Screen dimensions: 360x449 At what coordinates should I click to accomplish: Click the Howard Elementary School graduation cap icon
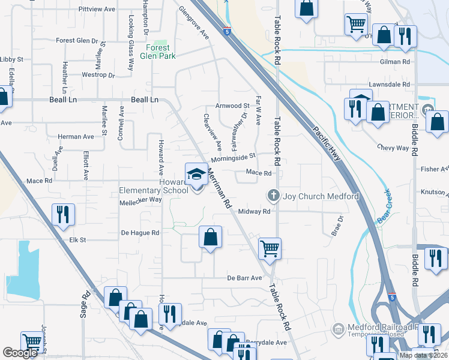[x=196, y=175]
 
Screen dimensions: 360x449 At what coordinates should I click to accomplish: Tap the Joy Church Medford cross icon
[x=273, y=196]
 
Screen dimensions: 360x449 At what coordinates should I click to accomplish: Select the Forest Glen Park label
[x=160, y=52]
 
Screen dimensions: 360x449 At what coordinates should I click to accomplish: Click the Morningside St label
[x=234, y=157]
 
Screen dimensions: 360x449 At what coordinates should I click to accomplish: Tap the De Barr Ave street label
[x=244, y=278]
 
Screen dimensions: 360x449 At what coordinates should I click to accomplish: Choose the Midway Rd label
[x=254, y=211]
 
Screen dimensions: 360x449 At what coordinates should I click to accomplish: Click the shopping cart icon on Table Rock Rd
[x=270, y=247]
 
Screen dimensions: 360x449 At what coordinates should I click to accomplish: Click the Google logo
[x=20, y=353]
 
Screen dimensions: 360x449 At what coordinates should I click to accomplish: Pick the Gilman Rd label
[x=394, y=62]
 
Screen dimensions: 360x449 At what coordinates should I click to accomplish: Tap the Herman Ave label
[x=77, y=137]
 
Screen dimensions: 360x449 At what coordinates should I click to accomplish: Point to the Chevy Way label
[x=393, y=148]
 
